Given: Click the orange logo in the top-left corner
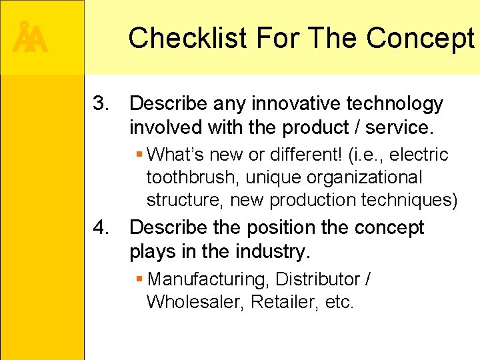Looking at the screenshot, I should tap(30, 38).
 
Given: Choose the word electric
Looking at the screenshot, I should tap(419, 155).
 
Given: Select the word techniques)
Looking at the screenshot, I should tap(417, 200).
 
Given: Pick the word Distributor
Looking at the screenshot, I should tap(317, 279).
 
